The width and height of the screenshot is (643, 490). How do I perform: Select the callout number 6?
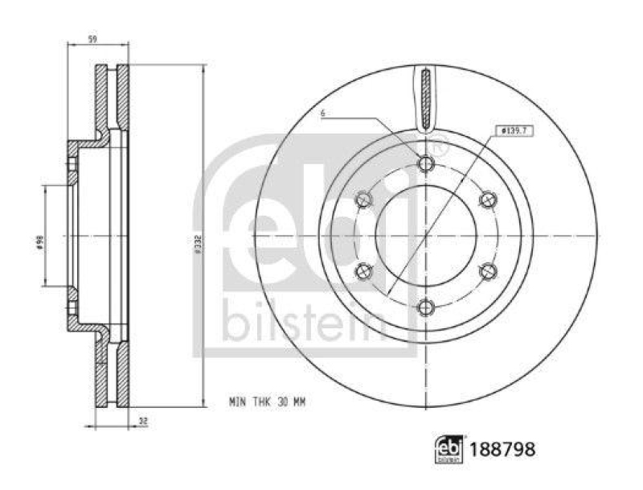321,115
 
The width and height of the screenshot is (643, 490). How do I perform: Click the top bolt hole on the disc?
426,164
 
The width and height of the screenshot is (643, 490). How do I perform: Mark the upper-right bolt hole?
487,199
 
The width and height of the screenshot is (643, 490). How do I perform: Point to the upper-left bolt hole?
365,199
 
